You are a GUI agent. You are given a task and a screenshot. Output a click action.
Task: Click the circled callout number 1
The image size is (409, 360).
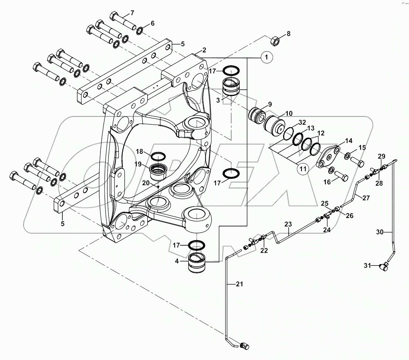coord(267,58)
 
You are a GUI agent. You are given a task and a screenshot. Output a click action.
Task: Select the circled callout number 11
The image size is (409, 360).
coord(303,169)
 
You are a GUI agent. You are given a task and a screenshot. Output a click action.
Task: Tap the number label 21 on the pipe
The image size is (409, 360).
coord(230,284)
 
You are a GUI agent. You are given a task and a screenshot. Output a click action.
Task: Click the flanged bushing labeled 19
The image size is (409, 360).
coord(158,172)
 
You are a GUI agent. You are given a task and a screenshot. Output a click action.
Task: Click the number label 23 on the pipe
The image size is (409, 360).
coord(288,224)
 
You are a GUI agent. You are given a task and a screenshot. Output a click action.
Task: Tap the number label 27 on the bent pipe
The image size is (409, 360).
coord(366,198)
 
